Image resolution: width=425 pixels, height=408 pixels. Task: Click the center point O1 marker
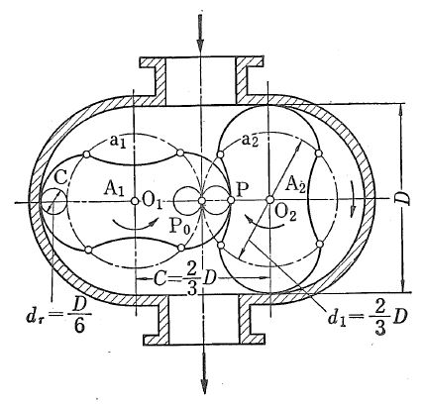click(135, 201)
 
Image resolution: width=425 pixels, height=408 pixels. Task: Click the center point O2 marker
click(269, 199)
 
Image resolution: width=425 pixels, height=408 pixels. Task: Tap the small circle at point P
click(231, 200)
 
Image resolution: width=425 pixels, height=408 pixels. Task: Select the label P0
click(179, 226)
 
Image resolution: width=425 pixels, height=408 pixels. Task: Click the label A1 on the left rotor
click(114, 189)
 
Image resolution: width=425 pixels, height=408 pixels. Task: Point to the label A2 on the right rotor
click(295, 184)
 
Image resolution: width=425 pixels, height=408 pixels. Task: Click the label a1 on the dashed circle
click(118, 142)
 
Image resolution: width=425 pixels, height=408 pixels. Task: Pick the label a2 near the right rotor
click(250, 141)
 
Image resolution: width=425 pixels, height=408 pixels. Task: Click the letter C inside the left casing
click(60, 178)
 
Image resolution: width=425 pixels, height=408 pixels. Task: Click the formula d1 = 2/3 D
click(367, 319)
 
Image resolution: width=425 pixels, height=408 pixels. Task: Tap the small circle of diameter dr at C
click(53, 201)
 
